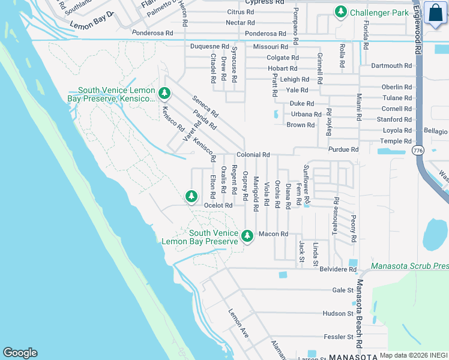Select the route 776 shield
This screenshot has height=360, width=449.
click(x=418, y=149)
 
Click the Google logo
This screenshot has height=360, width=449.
click(x=20, y=353)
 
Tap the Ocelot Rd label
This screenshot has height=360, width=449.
click(x=218, y=205)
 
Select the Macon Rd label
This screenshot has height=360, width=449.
click(x=273, y=234)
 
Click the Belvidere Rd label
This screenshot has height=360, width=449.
click(x=338, y=269)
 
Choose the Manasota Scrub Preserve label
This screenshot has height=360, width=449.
click(x=409, y=266)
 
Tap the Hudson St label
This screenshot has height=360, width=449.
click(x=338, y=313)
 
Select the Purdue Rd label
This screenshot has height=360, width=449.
click(x=343, y=149)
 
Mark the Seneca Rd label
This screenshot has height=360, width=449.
click(x=205, y=106)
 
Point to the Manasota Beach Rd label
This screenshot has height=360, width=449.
click(x=360, y=312)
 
